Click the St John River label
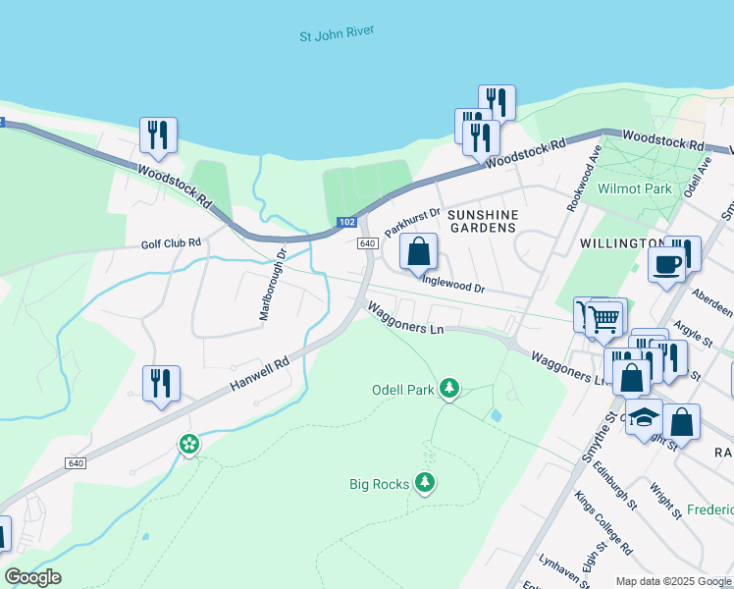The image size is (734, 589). click(337, 35)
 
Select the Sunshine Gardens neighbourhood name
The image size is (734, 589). click(481, 220)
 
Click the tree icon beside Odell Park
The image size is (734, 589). click(449, 390)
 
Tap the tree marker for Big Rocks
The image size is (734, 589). click(425, 483)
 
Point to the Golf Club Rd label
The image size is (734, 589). click(170, 242)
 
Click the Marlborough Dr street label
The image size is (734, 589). click(272, 284)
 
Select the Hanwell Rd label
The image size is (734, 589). click(260, 375)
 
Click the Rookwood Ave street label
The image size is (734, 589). click(583, 180)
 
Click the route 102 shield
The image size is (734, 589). click(346, 223)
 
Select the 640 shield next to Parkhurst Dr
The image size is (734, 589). click(367, 243)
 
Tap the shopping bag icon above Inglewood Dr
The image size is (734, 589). click(419, 251)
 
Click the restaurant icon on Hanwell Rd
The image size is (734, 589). click(160, 383)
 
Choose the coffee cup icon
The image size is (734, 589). click(666, 264)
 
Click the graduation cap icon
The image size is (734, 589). click(643, 419)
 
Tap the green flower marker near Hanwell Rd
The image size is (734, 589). click(188, 445)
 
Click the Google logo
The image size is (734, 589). click(32, 577)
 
